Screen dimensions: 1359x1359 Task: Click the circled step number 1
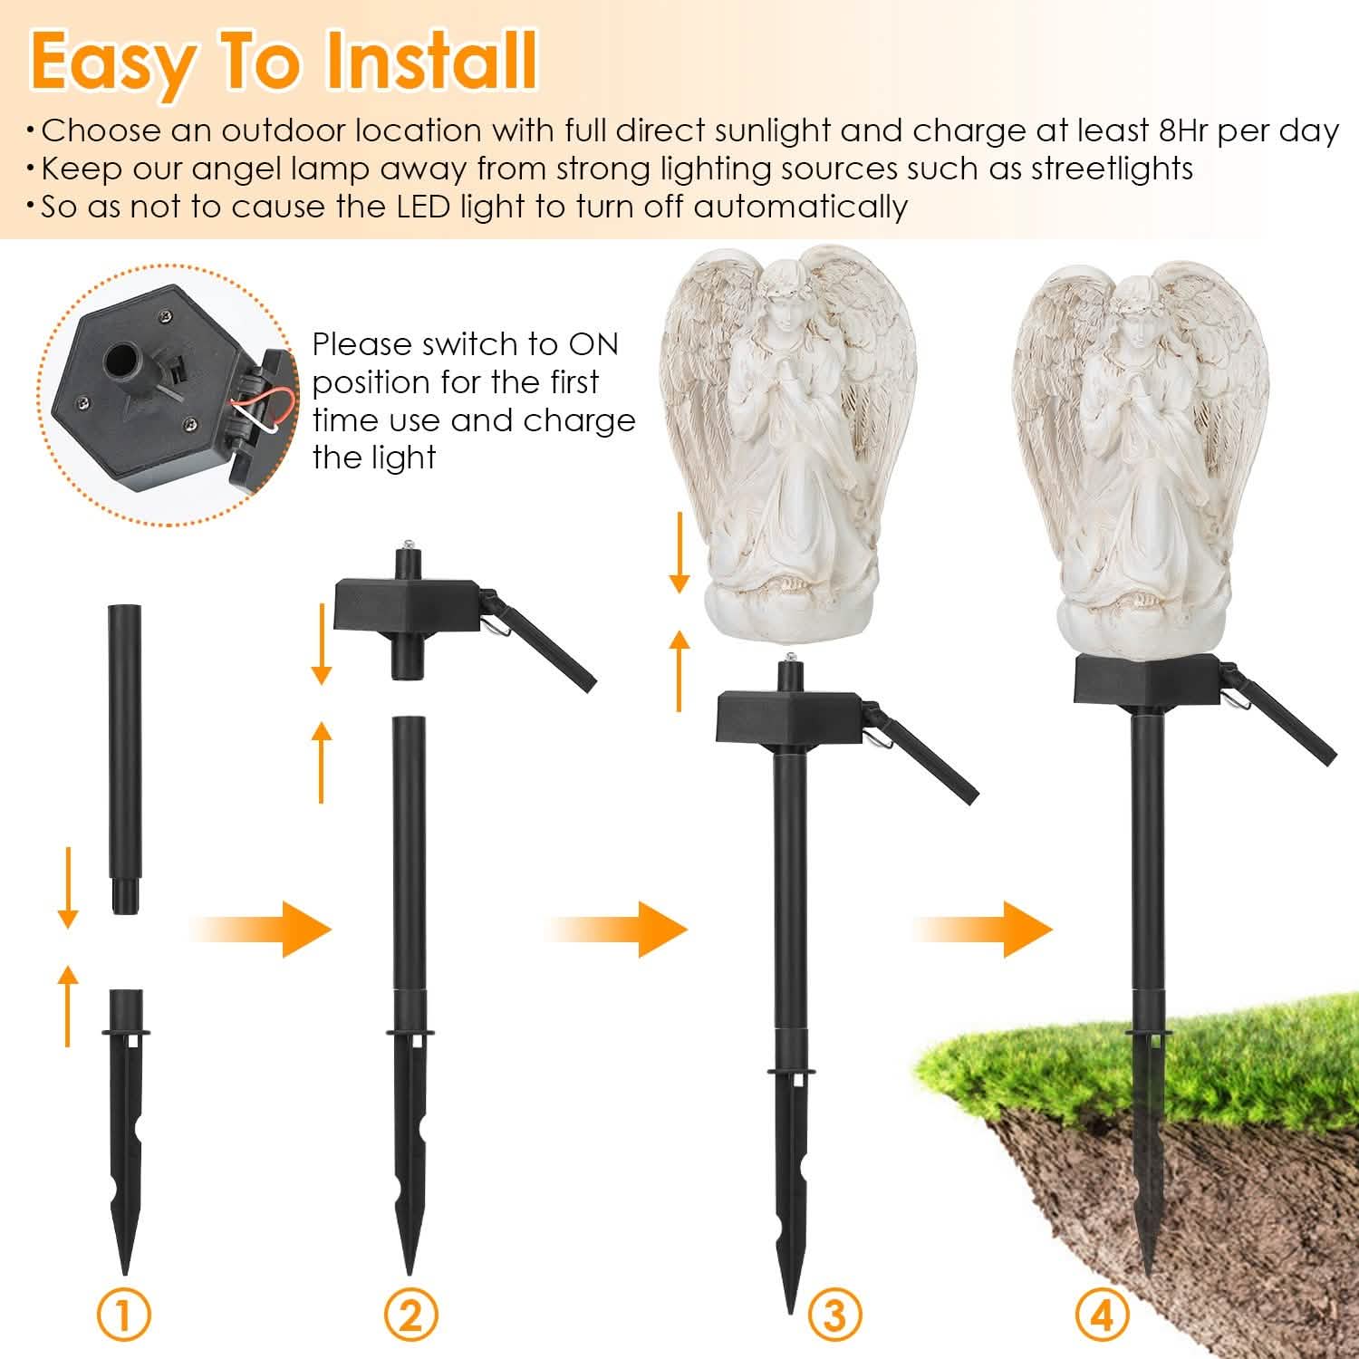pos(124,1316)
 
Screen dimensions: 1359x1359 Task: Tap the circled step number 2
pos(410,1316)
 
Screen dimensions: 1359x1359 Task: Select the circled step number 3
pos(834,1316)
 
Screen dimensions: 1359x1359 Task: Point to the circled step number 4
pos(1103,1316)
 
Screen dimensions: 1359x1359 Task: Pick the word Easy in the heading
pos(111,62)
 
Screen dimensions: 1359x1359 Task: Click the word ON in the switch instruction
pos(593,344)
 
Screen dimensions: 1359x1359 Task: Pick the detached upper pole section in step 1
pos(123,757)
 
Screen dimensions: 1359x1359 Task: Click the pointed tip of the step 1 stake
pos(124,1268)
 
